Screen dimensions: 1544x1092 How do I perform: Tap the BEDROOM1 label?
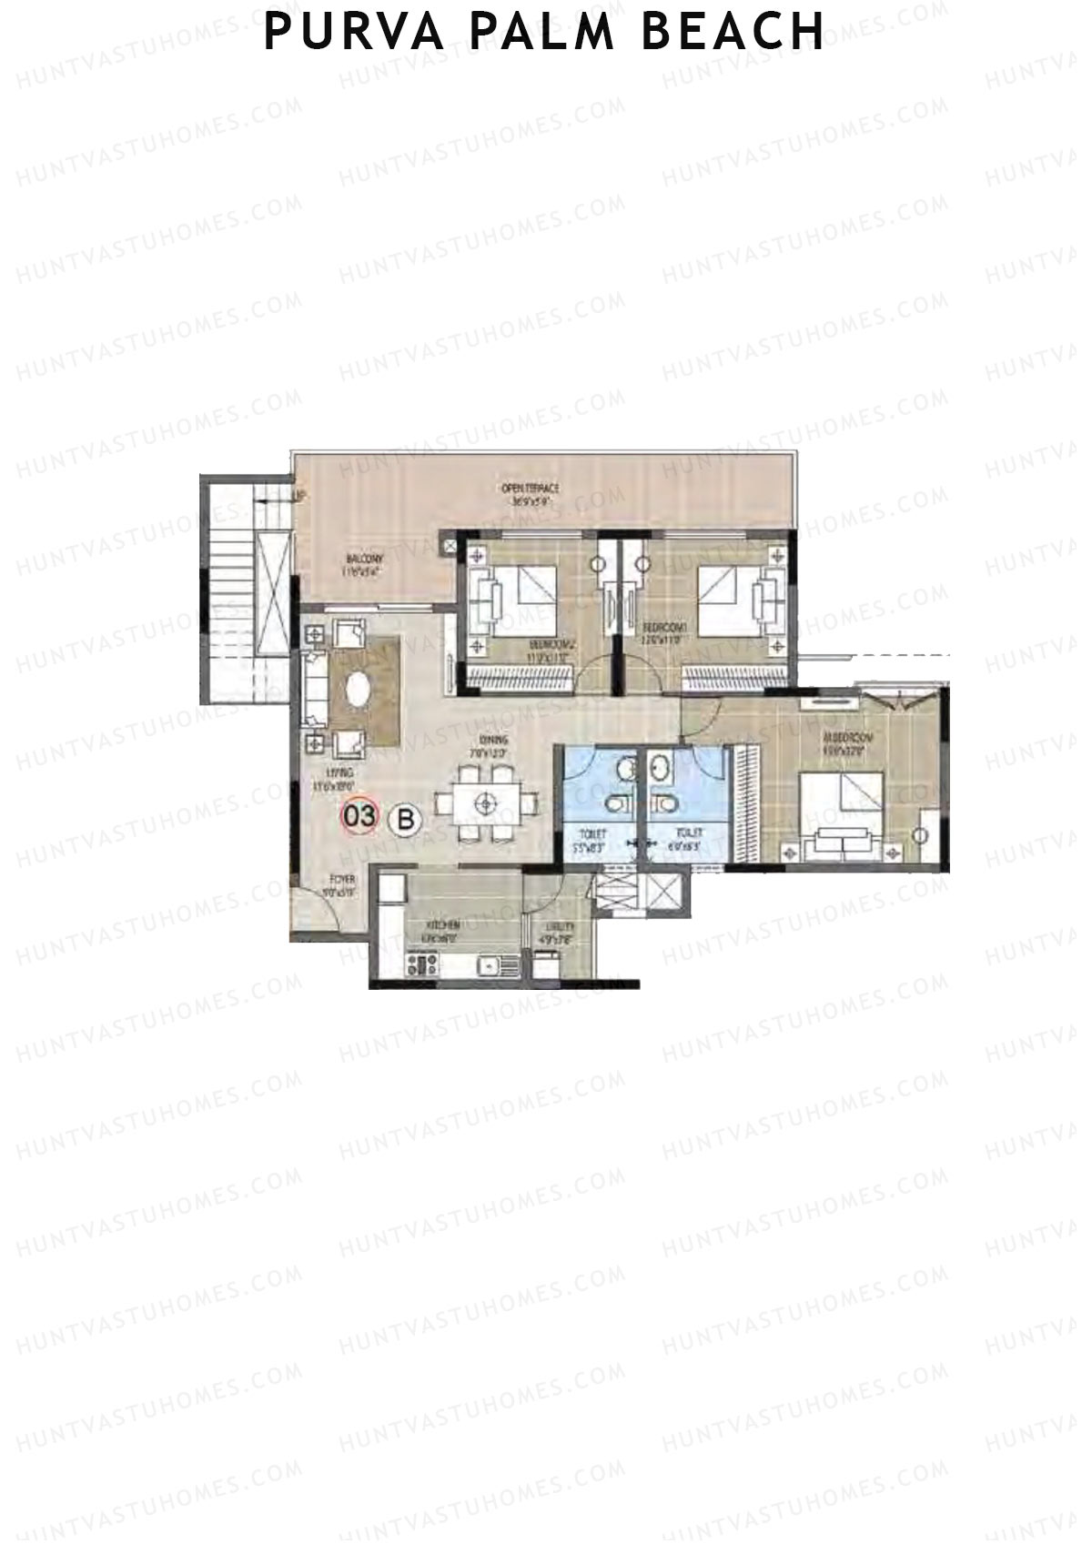(x=664, y=629)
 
